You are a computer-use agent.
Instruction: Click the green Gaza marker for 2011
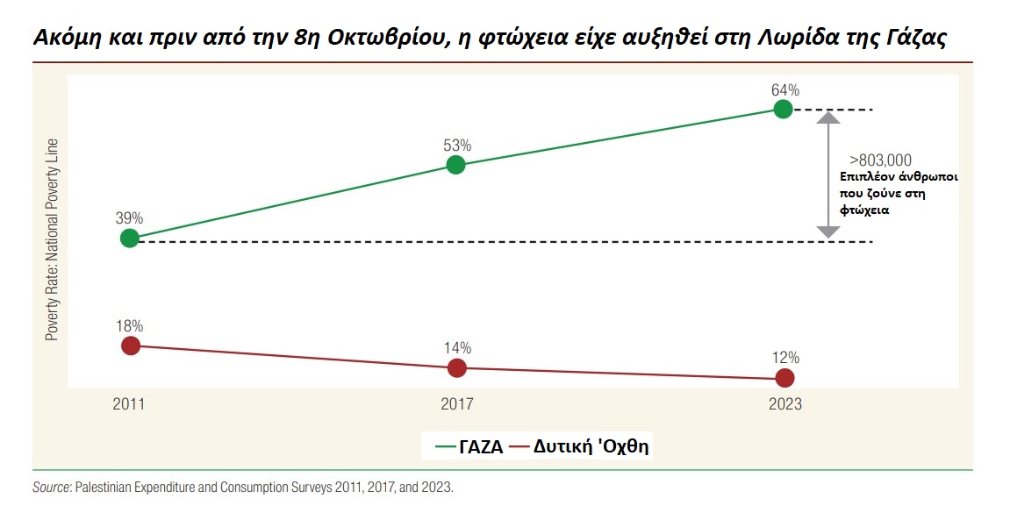pyautogui.click(x=129, y=238)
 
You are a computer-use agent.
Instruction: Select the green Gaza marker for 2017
pyautogui.click(x=455, y=164)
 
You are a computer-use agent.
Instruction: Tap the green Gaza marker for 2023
pyautogui.click(x=783, y=109)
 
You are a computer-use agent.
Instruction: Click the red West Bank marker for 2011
pyautogui.click(x=130, y=345)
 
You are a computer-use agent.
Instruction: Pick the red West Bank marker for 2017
pyautogui.click(x=456, y=368)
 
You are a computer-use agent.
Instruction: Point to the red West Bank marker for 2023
pyautogui.click(x=784, y=378)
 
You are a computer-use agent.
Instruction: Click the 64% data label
pyautogui.click(x=784, y=89)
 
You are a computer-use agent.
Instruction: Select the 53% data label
pyautogui.click(x=457, y=145)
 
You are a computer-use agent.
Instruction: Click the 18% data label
pyautogui.click(x=129, y=325)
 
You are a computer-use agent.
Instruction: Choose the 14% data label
pyautogui.click(x=457, y=347)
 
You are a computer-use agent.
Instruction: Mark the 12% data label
pyautogui.click(x=785, y=358)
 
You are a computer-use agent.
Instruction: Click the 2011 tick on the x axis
pyautogui.click(x=128, y=405)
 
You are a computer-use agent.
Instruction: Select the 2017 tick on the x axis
pyautogui.click(x=456, y=405)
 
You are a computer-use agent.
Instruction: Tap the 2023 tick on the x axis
pyautogui.click(x=784, y=405)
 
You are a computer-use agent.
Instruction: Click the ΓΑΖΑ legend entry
pyautogui.click(x=471, y=446)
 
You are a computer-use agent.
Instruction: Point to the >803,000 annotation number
pyautogui.click(x=880, y=160)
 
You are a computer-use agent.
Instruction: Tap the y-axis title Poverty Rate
pyautogui.click(x=52, y=239)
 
